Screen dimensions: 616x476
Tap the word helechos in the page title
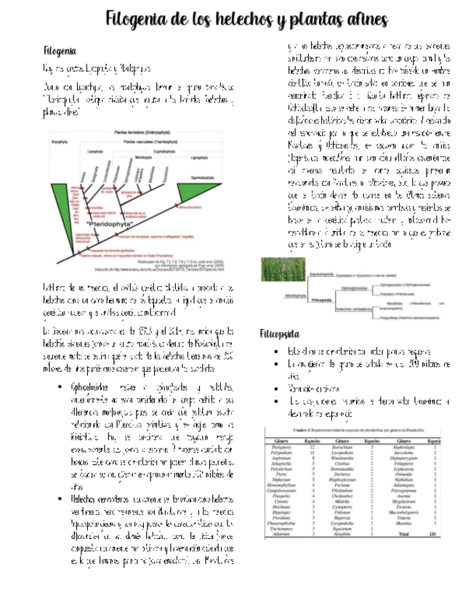click(x=243, y=19)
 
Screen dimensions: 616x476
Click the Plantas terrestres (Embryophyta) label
click(x=139, y=134)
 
